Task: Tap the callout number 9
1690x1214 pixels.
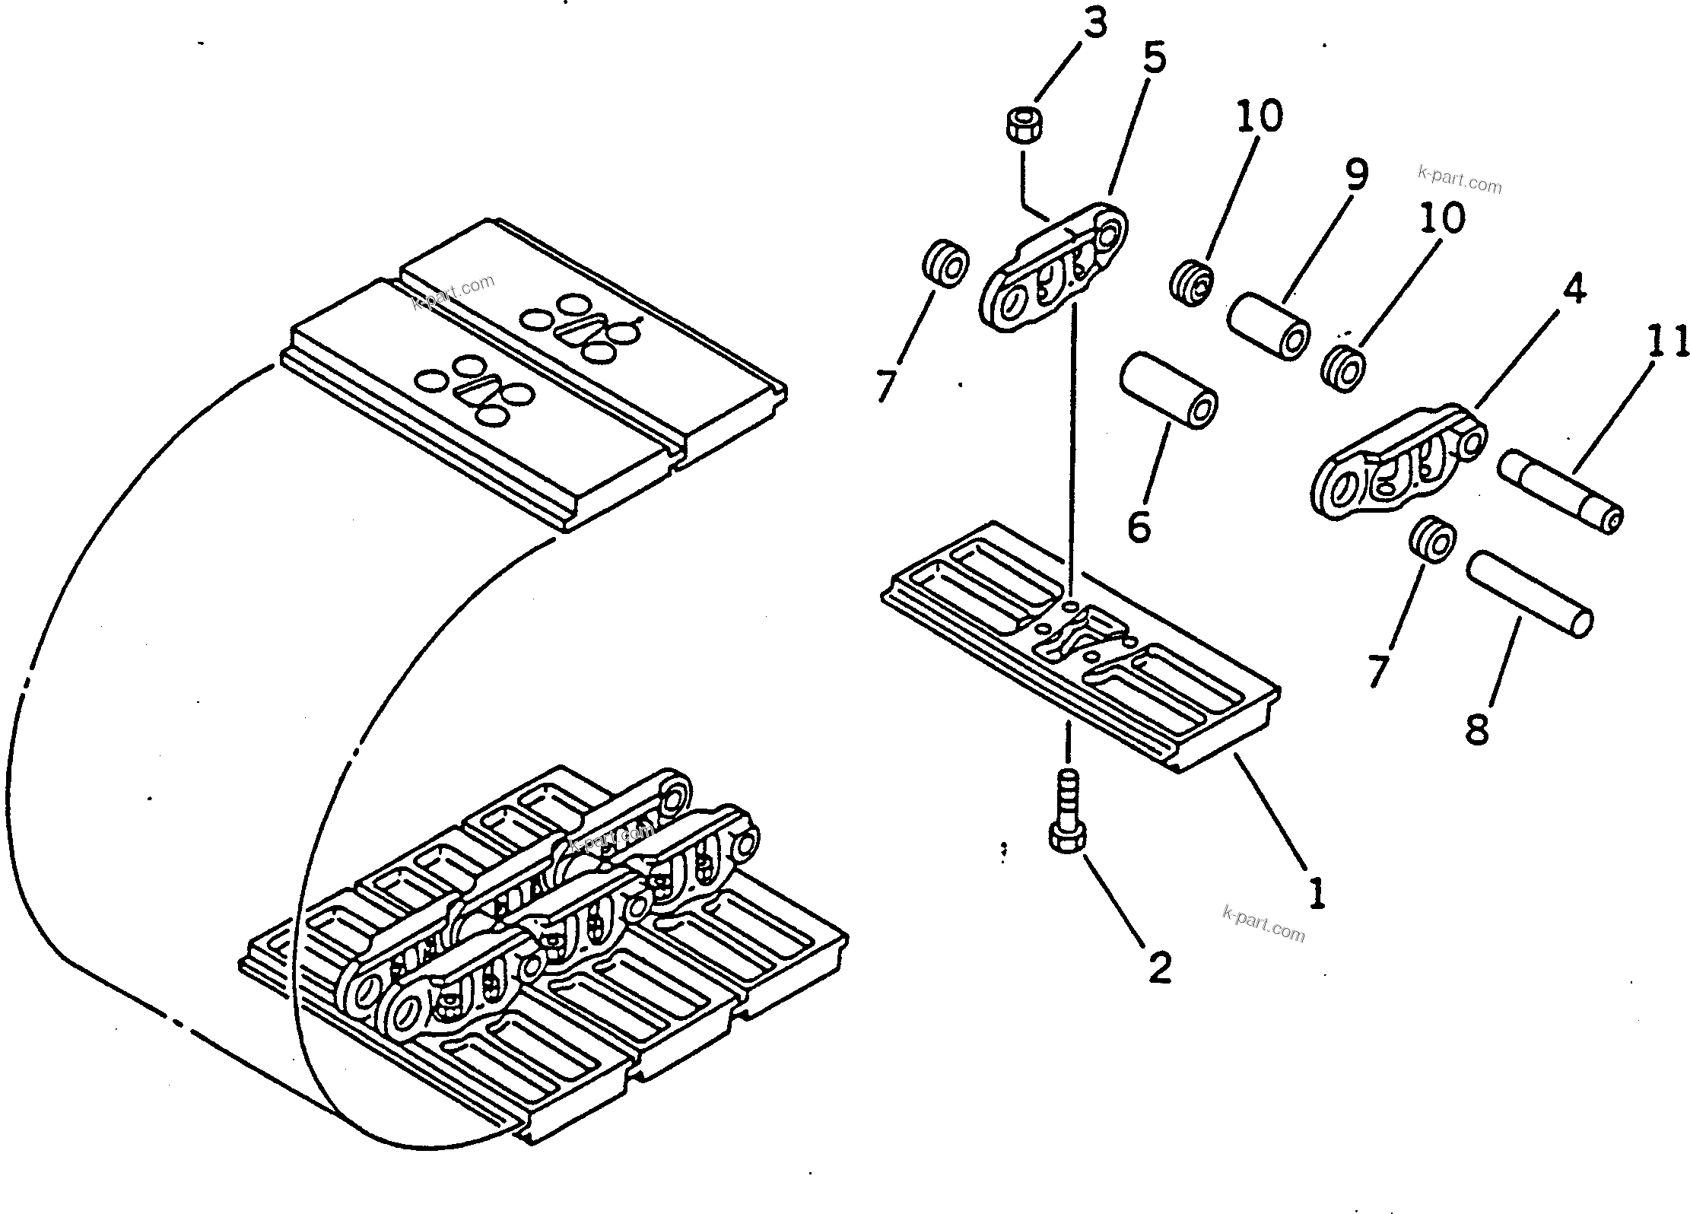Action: tap(1355, 174)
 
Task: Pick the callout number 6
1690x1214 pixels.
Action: tap(1139, 526)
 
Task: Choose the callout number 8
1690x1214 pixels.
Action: tap(1476, 729)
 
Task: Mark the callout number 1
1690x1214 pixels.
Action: tap(1317, 891)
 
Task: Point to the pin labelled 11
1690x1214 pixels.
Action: tap(1559, 490)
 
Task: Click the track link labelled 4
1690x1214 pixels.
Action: tap(1399, 464)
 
